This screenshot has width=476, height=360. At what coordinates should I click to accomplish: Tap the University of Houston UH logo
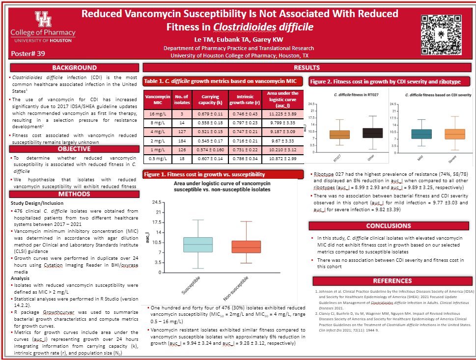(42, 19)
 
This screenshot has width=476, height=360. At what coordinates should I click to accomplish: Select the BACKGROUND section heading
(75, 68)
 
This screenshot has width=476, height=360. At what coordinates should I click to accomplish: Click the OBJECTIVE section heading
(75, 149)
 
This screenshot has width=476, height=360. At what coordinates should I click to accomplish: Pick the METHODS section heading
(75, 194)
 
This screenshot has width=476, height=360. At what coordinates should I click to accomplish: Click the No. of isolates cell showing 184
(178, 140)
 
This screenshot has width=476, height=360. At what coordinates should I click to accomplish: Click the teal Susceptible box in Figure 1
(197, 245)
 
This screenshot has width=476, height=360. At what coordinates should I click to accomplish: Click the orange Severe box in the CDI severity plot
(454, 134)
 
